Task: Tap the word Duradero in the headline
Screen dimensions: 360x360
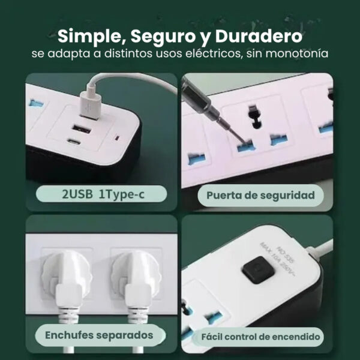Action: (259, 36)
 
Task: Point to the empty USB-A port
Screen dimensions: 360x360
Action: (82, 130)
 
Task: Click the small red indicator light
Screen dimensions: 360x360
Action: (118, 138)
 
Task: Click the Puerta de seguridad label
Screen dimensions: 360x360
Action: (260, 196)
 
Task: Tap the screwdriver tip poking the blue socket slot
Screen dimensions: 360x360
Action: (243, 141)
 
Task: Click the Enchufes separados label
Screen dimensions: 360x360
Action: (99, 335)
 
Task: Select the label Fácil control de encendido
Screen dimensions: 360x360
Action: (260, 337)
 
